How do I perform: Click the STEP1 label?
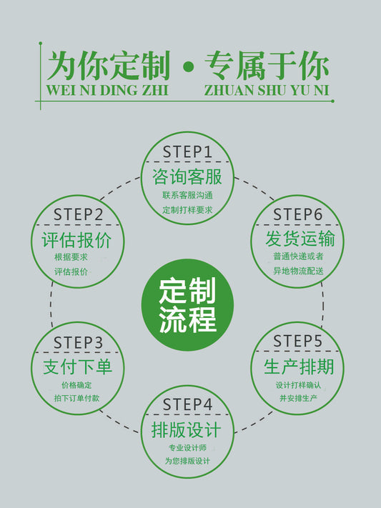pyautogui.click(x=187, y=151)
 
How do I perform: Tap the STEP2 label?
pyautogui.click(x=78, y=214)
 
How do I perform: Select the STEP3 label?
pyautogui.click(x=78, y=342)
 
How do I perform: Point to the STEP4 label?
pyautogui.click(x=187, y=404)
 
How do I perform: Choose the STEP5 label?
pyautogui.click(x=297, y=341)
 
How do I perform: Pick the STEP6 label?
pyautogui.click(x=297, y=214)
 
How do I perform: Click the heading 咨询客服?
pyautogui.click(x=187, y=176)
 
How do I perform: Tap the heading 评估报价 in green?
pyautogui.click(x=77, y=240)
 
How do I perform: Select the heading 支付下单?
pyautogui.click(x=77, y=367)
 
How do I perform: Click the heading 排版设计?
pyautogui.click(x=186, y=430)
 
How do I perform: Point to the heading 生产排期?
pyautogui.click(x=299, y=367)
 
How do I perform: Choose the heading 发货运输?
pyautogui.click(x=300, y=239)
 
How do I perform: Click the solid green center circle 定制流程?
pyautogui.click(x=187, y=304)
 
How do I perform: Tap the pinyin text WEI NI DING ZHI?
pyautogui.click(x=107, y=90)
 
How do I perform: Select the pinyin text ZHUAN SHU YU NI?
pyautogui.click(x=266, y=90)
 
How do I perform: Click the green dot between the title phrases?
pyautogui.click(x=188, y=67)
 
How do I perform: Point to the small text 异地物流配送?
pyautogui.click(x=298, y=271)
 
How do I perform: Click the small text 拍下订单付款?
pyautogui.click(x=77, y=398)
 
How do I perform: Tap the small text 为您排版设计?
pyautogui.click(x=187, y=461)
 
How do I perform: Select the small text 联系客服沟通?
pyautogui.click(x=187, y=195)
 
